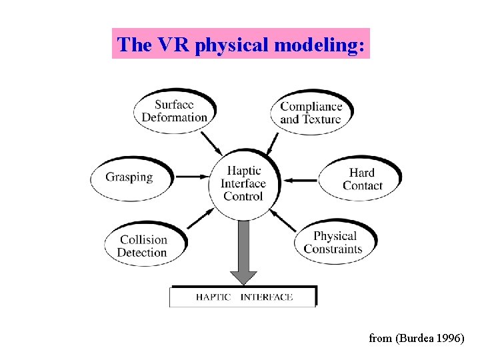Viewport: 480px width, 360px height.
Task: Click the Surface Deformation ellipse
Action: (x=174, y=111)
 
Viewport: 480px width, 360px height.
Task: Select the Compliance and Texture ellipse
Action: (x=310, y=113)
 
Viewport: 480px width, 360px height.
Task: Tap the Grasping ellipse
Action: (x=130, y=177)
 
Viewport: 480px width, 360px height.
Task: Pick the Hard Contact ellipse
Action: (x=361, y=179)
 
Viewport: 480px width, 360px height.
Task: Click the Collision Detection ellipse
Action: (x=142, y=246)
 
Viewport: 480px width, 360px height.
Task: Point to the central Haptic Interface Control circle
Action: (x=243, y=183)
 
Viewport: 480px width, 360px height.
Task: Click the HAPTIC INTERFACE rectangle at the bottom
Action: (x=243, y=297)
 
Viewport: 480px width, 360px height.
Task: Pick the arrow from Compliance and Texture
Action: (x=273, y=142)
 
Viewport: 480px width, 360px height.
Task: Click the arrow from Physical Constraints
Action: (x=283, y=219)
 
